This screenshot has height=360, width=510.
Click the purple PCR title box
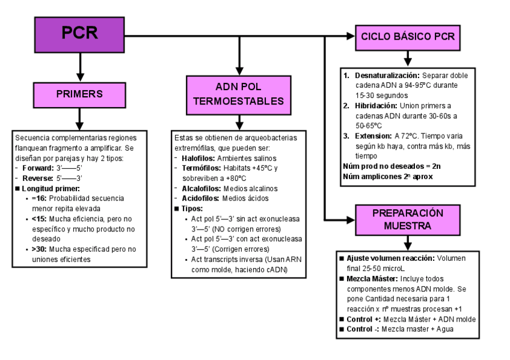coord(79,35)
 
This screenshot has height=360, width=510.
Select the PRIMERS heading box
coord(79,95)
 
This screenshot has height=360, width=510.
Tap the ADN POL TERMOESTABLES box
coord(239,95)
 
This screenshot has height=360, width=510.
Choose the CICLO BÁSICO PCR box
coord(408,37)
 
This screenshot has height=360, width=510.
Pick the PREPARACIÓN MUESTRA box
coord(408,220)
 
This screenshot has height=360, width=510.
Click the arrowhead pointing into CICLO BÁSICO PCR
coord(351,36)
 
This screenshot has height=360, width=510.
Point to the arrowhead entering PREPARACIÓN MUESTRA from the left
coord(351,220)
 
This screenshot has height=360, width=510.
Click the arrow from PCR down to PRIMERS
coord(80,67)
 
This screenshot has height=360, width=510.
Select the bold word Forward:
coord(38,168)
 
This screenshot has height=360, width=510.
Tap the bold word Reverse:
coord(38,178)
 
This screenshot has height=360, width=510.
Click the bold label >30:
coord(39,249)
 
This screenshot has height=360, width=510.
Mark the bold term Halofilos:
coord(198,158)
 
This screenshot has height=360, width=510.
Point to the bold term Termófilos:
coord(201,168)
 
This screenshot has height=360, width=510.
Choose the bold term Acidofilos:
coord(200,198)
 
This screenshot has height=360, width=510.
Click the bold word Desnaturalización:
coord(387,75)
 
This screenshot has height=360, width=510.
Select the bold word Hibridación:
coord(376,106)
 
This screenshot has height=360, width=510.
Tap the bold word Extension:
coord(373,136)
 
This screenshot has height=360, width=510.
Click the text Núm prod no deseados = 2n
coord(392,166)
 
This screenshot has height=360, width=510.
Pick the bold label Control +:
coord(364,319)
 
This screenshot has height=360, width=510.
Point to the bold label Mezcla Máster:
coord(372,279)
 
